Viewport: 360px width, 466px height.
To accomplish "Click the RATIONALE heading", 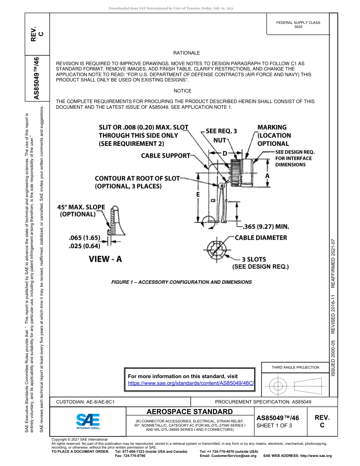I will (x=186, y=53).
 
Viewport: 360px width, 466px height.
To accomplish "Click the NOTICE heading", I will (x=183, y=91).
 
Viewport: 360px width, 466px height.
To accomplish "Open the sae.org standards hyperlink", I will (x=191, y=383).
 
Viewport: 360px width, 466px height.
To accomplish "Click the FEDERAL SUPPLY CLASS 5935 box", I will (x=298, y=25).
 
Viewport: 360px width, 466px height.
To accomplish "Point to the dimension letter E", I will (x=198, y=194).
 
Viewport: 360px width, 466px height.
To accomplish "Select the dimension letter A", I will (x=268, y=176).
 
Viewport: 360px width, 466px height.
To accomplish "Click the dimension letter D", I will (x=224, y=153).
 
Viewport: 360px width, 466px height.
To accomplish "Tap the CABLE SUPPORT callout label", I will (x=166, y=156).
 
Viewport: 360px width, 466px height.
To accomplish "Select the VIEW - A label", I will (x=105, y=259).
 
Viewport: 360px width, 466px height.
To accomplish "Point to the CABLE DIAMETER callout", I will (x=261, y=238).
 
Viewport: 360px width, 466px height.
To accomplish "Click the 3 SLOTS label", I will (x=254, y=260).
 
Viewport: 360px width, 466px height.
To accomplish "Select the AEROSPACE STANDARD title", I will (x=190, y=412).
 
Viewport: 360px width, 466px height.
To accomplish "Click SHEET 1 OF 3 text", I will (x=274, y=425).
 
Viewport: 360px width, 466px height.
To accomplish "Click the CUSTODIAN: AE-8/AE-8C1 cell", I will (x=85, y=402).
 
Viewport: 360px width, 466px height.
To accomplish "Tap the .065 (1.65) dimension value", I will (x=84, y=238).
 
